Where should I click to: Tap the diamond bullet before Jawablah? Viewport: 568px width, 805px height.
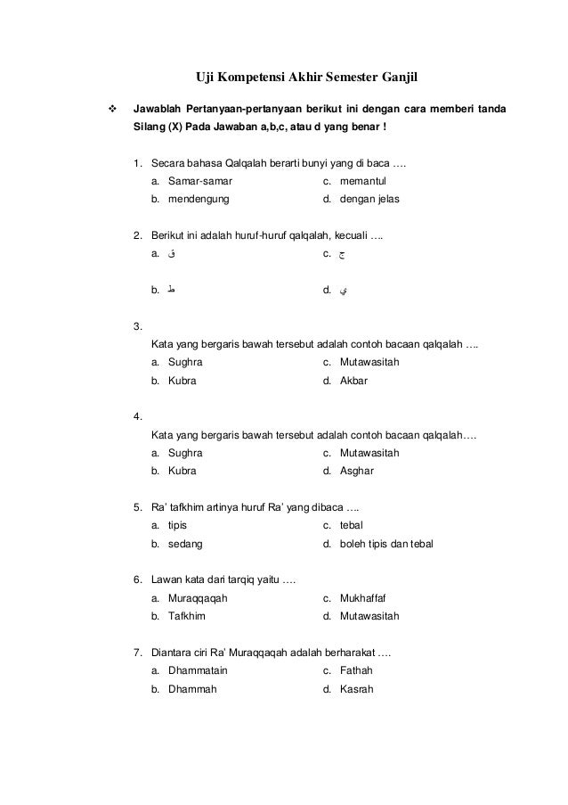coord(112,111)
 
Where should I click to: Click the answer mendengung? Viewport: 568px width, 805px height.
coord(198,200)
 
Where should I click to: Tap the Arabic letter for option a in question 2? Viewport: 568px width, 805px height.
coord(171,254)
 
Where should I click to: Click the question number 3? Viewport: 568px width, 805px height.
coord(136,326)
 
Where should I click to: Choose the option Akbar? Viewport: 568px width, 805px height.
coord(353,381)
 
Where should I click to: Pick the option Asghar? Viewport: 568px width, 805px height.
coord(357,471)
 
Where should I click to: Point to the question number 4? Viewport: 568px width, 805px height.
coord(136,416)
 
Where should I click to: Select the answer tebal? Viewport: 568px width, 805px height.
coord(352,525)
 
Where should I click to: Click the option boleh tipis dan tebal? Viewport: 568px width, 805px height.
coord(387,543)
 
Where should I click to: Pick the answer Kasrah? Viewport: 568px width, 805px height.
coord(356,688)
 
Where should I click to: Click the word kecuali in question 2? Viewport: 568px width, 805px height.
coord(352,235)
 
